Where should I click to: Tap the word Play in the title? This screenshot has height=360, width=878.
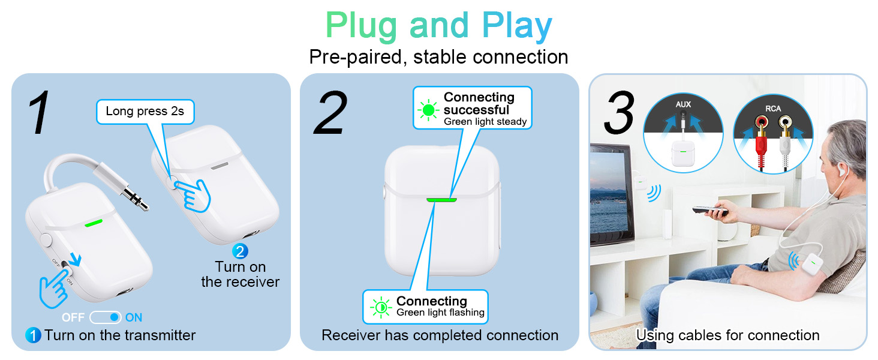pos(516,26)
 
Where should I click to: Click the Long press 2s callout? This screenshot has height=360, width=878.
pos(145,111)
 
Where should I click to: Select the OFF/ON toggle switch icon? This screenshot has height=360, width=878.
pos(106,317)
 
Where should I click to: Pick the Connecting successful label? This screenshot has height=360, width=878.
pos(478,103)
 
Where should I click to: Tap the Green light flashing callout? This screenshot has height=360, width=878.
pos(440,312)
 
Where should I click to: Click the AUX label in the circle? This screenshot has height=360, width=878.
pos(682,104)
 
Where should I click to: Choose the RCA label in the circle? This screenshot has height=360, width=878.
pos(772,109)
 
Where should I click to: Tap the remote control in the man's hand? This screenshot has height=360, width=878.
pos(708,210)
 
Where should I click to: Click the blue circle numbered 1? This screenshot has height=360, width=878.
pos(33,335)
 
